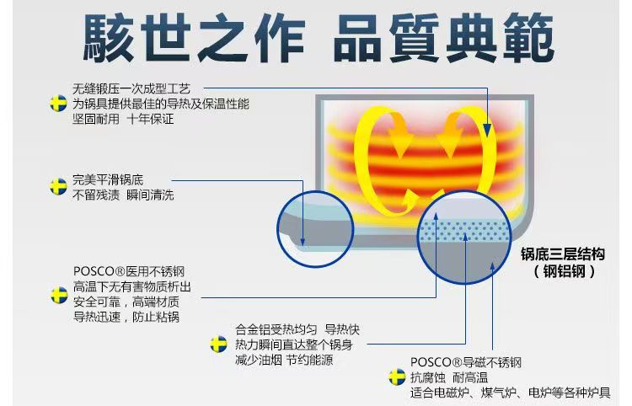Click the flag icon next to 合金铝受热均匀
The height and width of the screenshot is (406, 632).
coord(218,344)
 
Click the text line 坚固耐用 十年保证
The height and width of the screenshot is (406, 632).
coord(122,120)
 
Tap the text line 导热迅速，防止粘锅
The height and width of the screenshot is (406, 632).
coord(126,317)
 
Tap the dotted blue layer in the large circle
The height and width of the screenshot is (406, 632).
coord(468,232)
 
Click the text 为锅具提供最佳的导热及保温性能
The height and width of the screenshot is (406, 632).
coord(160,104)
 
